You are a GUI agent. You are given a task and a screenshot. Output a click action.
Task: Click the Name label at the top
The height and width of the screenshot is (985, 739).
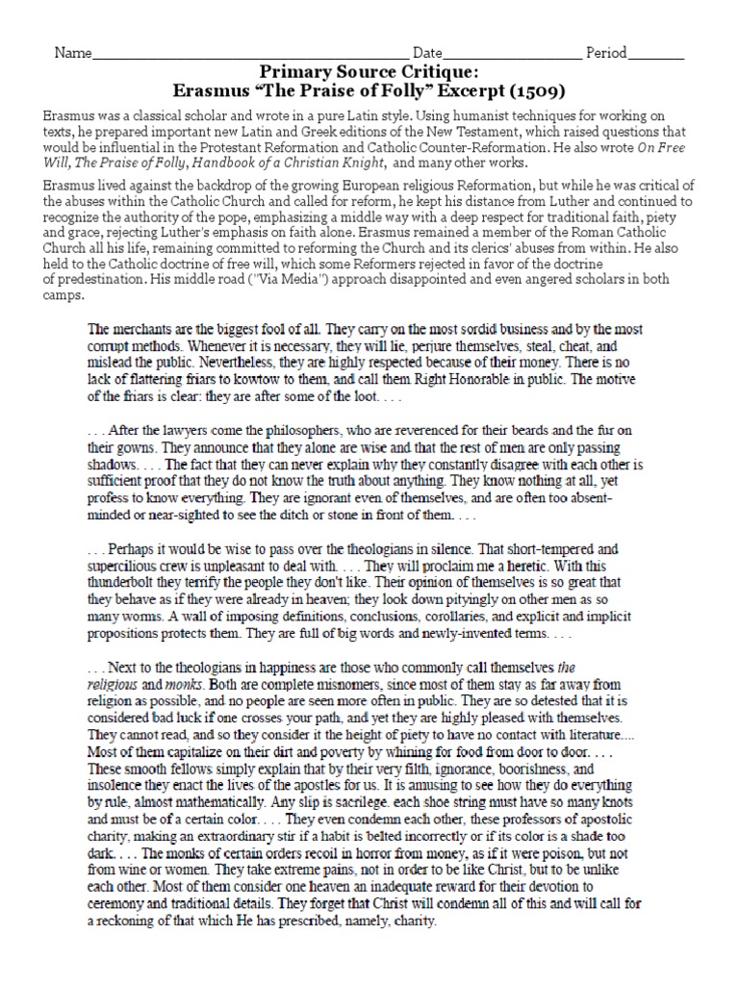(x=71, y=52)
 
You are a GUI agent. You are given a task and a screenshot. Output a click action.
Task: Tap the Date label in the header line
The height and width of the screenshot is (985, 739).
(x=428, y=52)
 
